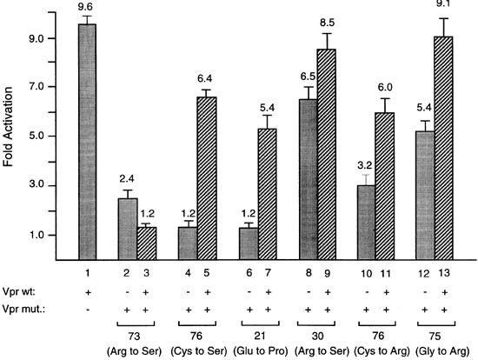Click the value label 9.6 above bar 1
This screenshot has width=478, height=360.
(x=87, y=8)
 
